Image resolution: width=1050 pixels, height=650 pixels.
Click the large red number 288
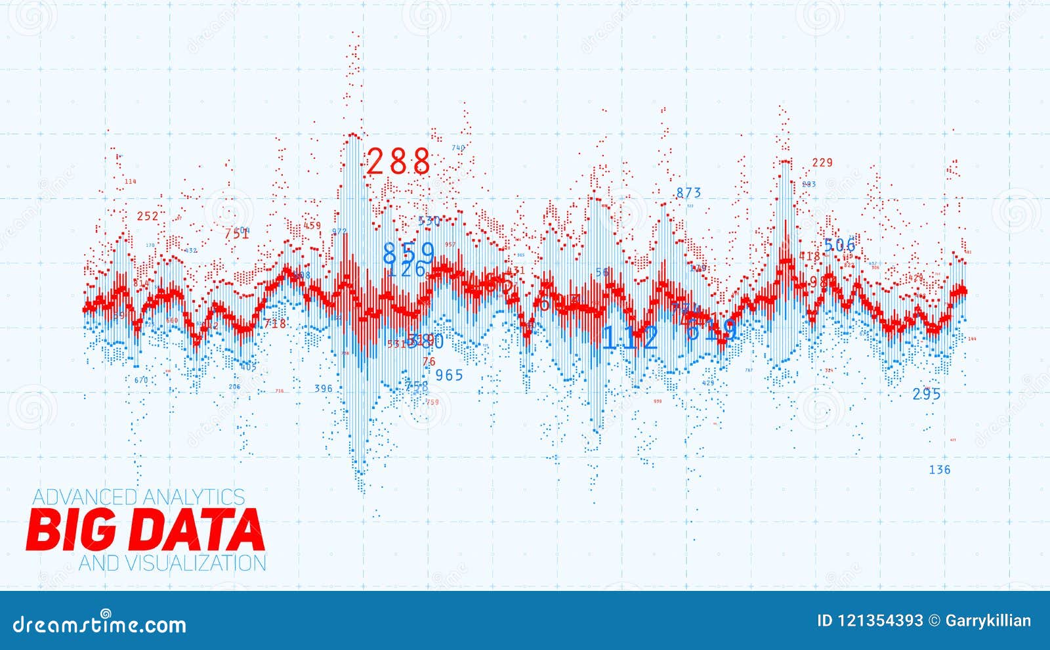(398, 162)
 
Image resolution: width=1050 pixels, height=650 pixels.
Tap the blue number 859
(409, 253)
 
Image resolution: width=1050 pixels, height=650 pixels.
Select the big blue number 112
(630, 338)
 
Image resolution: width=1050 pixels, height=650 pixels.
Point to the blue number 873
(688, 193)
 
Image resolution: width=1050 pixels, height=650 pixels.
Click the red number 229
(822, 163)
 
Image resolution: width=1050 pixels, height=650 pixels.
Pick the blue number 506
(840, 246)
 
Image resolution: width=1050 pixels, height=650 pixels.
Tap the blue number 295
(927, 394)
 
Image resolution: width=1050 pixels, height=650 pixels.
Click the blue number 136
(939, 469)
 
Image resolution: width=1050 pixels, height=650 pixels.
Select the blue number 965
(450, 375)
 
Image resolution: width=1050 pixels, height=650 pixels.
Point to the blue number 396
(324, 389)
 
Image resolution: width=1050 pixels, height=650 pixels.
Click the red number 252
(148, 216)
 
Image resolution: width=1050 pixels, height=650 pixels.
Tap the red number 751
(236, 234)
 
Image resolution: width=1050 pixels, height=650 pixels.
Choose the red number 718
(274, 324)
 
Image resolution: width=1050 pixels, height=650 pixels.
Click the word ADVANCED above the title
(85, 497)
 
